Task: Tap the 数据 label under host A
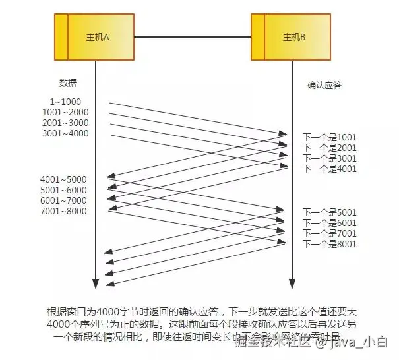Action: point(68,83)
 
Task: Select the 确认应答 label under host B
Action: point(324,85)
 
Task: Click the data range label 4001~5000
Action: point(63,179)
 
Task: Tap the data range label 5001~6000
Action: point(63,190)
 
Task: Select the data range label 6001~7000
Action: point(63,200)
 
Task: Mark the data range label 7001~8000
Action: point(63,211)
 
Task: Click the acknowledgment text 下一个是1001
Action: point(330,137)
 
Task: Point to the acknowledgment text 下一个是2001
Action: point(330,148)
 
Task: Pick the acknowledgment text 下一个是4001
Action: point(330,169)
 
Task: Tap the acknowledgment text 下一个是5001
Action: point(330,212)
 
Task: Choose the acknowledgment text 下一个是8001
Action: point(330,244)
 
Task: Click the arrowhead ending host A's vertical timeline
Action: point(96,284)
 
